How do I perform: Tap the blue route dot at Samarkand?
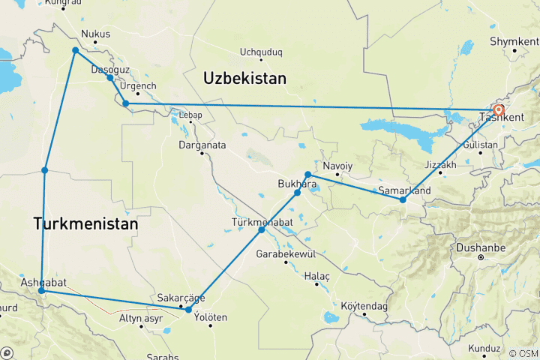click(x=403, y=199)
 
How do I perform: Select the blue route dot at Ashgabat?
click(x=41, y=290)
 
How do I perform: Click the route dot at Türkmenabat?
click(x=262, y=229)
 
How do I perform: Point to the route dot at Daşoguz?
click(x=110, y=78)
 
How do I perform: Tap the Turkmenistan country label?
click(x=85, y=223)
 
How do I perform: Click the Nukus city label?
click(x=95, y=34)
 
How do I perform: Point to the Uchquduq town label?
click(x=260, y=52)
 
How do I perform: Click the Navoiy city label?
click(x=337, y=165)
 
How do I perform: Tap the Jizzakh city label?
click(x=439, y=164)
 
